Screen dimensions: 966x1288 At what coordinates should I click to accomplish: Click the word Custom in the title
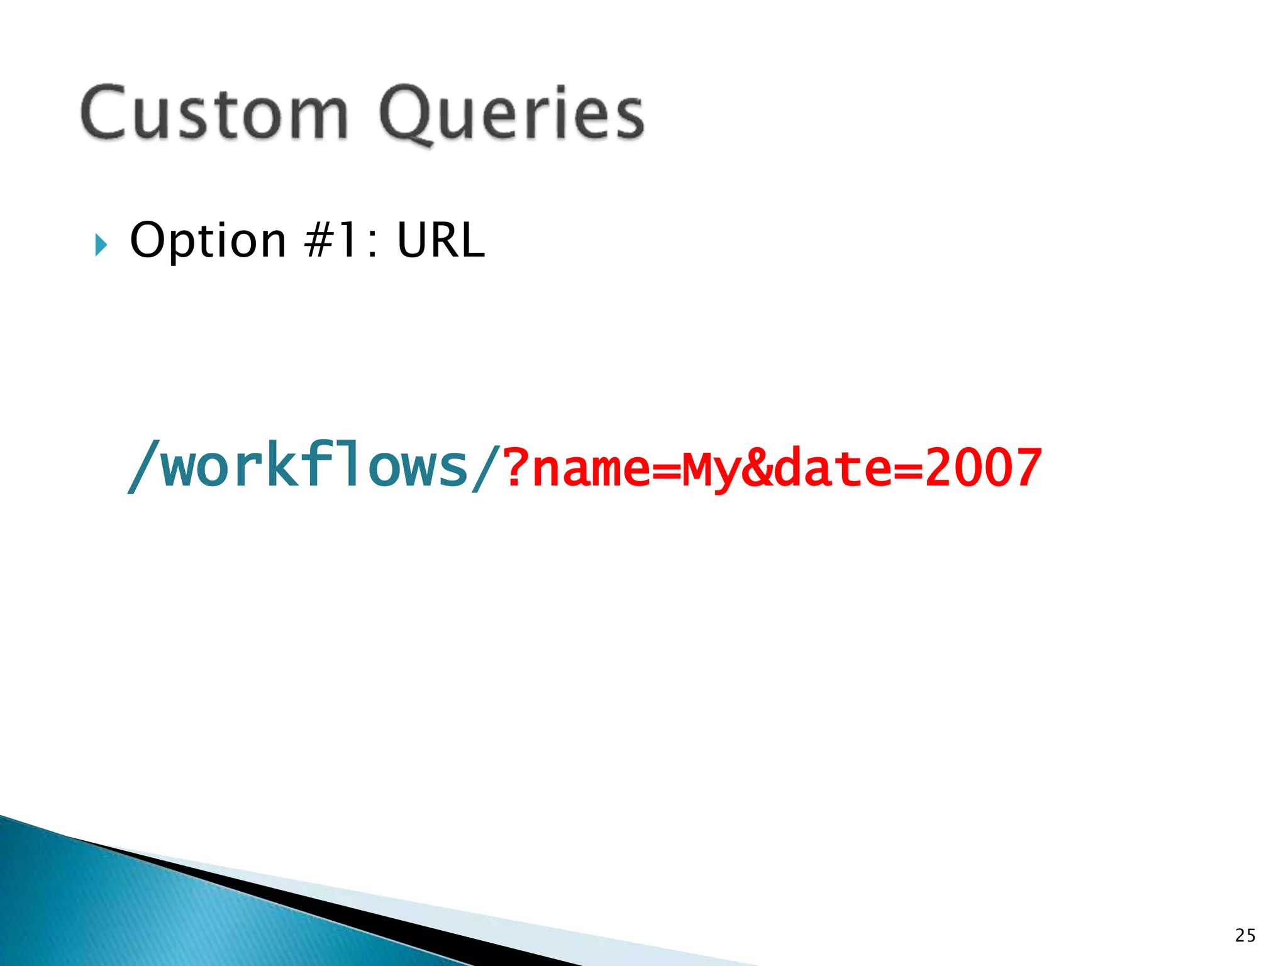[214, 113]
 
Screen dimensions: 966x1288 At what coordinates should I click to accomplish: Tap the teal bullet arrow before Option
[101, 245]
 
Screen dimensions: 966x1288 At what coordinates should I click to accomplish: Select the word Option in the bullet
[208, 240]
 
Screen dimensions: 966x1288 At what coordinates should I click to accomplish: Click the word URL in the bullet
[441, 240]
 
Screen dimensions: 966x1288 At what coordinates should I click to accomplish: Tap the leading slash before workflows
[143, 467]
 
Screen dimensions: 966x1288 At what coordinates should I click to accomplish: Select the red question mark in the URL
[516, 467]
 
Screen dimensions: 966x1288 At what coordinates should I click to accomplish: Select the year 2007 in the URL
[984, 467]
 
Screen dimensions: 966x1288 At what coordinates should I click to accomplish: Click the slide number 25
[1245, 935]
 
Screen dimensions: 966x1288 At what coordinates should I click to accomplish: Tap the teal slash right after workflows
[486, 467]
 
